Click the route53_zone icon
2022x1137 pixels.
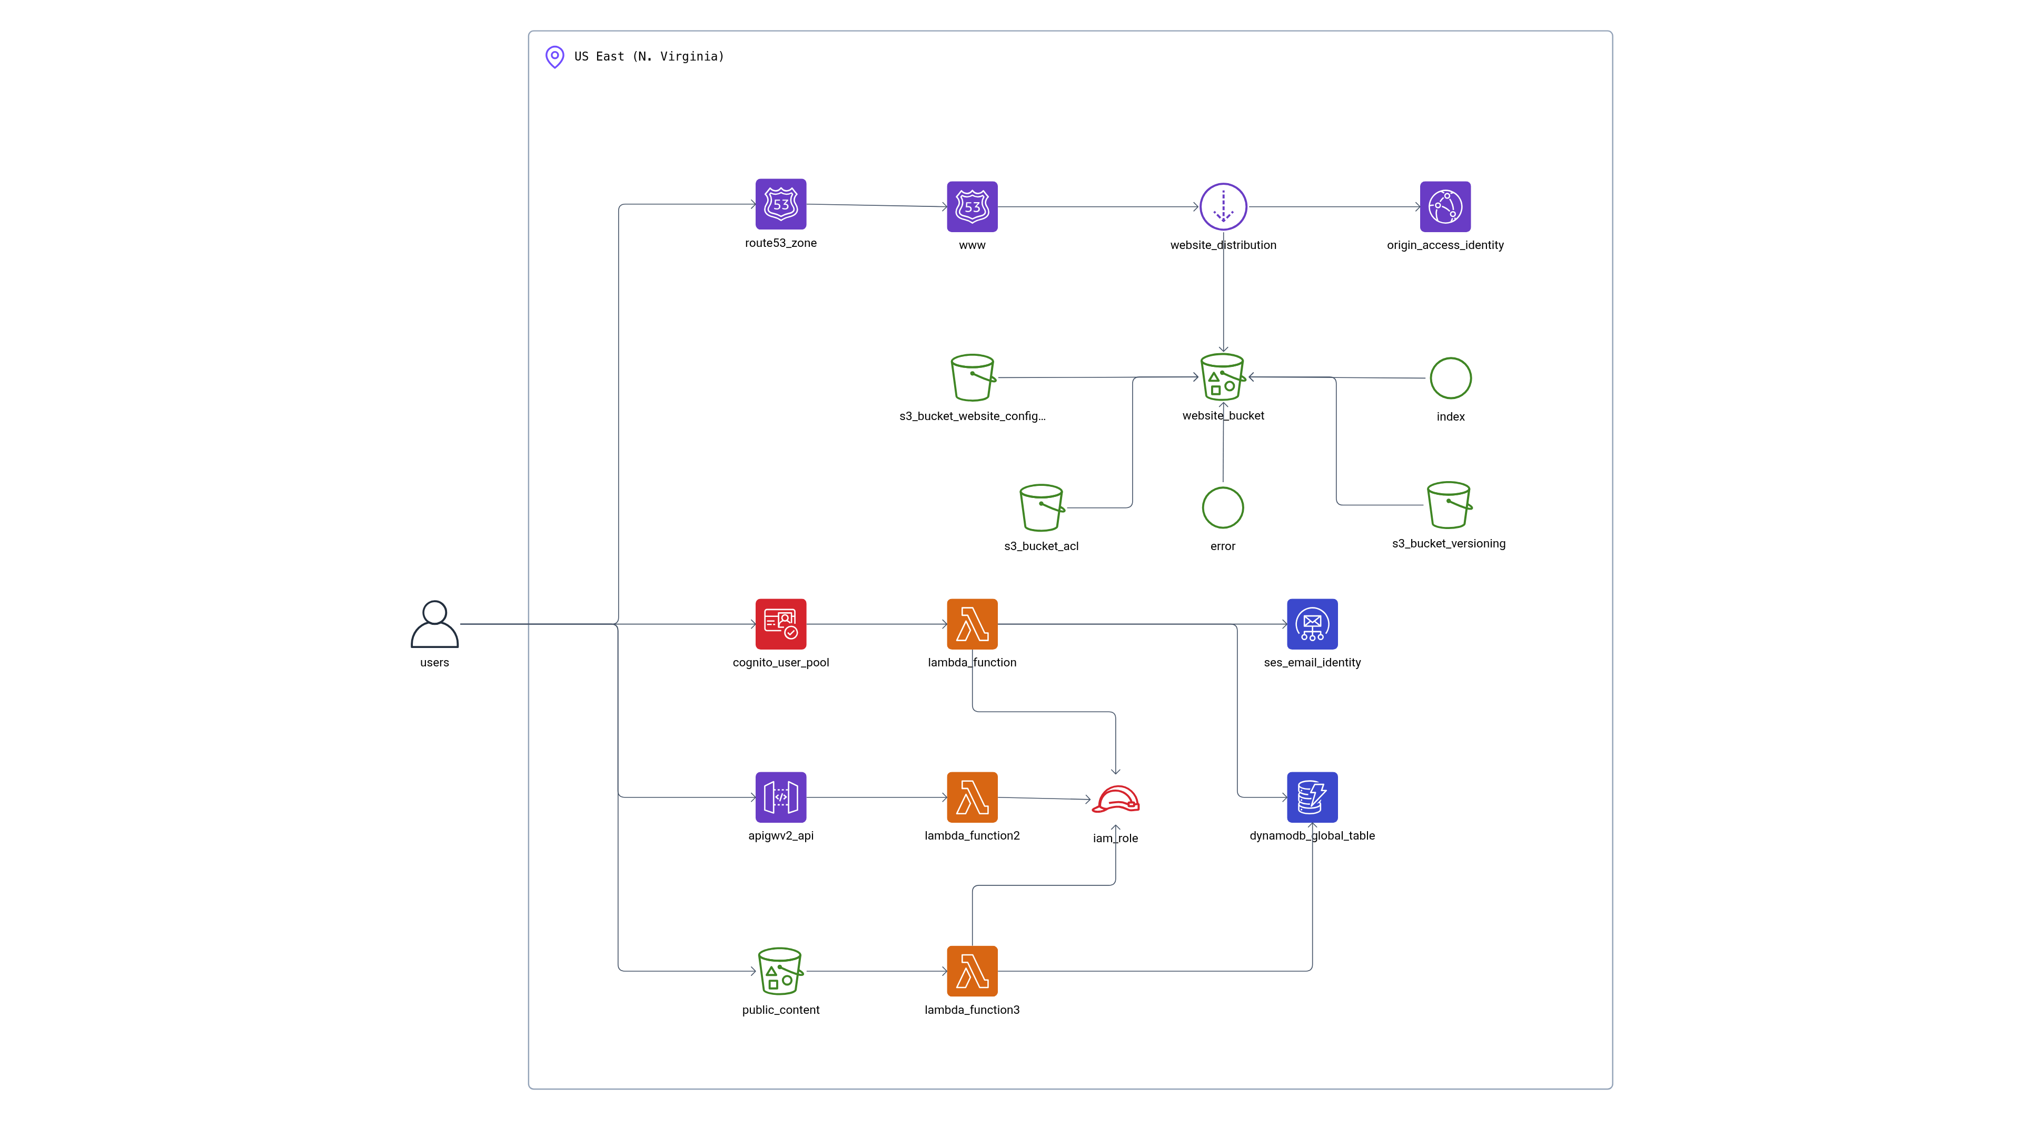(780, 204)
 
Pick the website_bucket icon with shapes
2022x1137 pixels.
(1222, 377)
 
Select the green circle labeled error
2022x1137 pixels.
(1222, 507)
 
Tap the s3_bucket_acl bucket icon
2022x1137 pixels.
(1041, 507)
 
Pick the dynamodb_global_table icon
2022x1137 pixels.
(1312, 797)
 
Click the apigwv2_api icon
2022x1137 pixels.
(780, 797)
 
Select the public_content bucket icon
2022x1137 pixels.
(780, 971)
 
